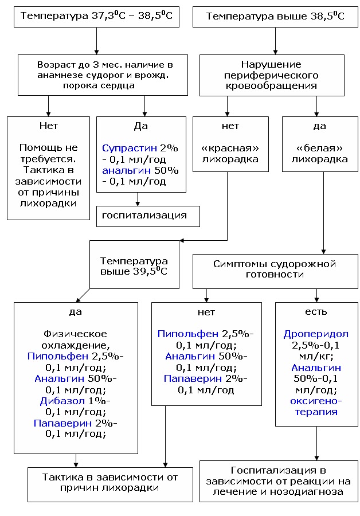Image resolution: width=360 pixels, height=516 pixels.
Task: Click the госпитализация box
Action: pyautogui.click(x=148, y=216)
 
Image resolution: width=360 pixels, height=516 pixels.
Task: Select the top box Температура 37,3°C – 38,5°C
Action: pyautogui.click(x=96, y=16)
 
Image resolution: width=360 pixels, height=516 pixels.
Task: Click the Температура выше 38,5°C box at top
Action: pyautogui.click(x=276, y=16)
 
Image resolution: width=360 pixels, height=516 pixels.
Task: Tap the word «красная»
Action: pyautogui.click(x=230, y=148)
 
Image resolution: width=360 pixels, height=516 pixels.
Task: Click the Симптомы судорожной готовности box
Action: pyautogui.click(x=274, y=269)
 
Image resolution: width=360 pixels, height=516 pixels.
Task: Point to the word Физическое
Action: pyautogui.click(x=75, y=334)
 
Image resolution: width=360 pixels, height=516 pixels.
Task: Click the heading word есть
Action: pyautogui.click(x=316, y=312)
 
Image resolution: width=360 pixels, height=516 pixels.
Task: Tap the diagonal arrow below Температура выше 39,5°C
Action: pyautogui.click(x=83, y=295)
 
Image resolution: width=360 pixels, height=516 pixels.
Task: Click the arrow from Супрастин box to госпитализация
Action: pyautogui.click(x=138, y=199)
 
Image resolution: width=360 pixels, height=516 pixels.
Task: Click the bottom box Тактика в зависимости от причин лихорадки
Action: pyautogui.click(x=110, y=482)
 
